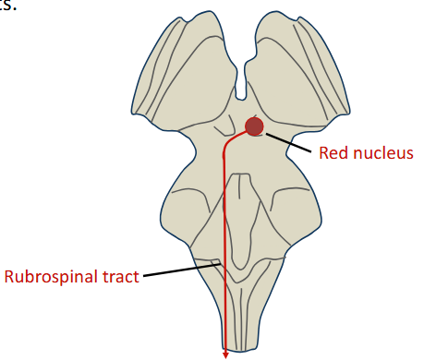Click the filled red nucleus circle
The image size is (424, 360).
[x=254, y=127]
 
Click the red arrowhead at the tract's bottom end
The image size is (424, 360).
[x=225, y=352]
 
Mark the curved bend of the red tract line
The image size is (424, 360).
[x=229, y=143]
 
